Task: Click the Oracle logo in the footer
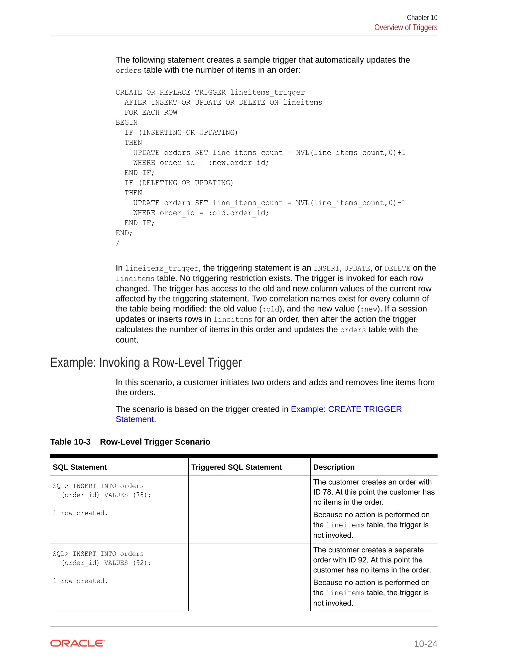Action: click(x=77, y=643)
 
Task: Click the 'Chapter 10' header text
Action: click(x=422, y=18)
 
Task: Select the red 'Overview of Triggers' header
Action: click(x=406, y=28)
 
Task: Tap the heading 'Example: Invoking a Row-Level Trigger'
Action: click(x=146, y=363)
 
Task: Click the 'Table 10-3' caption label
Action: click(x=70, y=442)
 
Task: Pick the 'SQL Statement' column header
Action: click(x=80, y=467)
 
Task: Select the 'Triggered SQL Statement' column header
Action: click(x=236, y=467)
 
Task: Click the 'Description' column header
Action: click(x=334, y=467)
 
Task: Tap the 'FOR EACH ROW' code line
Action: click(x=151, y=113)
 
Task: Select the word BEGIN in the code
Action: click(x=126, y=123)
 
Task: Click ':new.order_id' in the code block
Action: click(x=238, y=163)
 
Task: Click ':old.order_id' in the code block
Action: click(x=238, y=213)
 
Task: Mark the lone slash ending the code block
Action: click(x=118, y=243)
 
